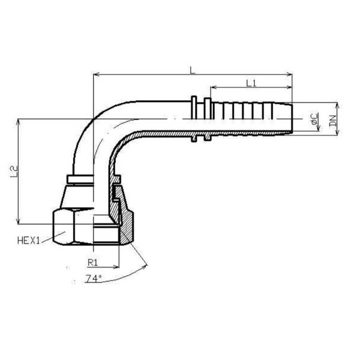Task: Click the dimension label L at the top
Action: point(193,70)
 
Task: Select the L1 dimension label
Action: point(251,83)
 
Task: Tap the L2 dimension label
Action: point(14,172)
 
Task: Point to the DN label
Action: point(332,121)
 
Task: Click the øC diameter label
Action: point(314,118)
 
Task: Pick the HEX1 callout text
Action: point(29,241)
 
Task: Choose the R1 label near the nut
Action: point(93,262)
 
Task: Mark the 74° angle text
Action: point(94,278)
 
